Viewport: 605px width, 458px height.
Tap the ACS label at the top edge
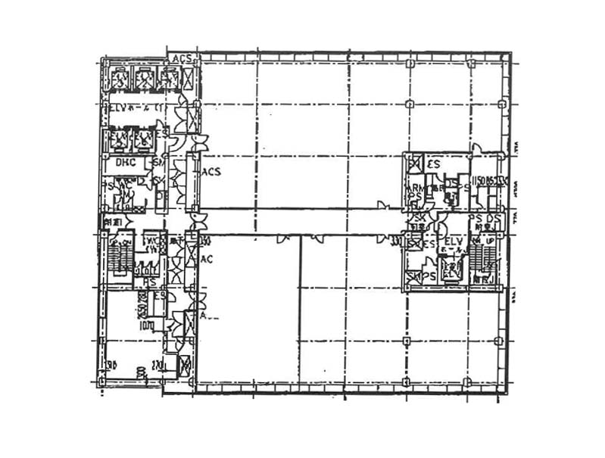click(x=182, y=58)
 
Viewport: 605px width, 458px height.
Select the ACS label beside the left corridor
click(x=211, y=173)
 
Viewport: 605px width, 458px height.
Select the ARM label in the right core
click(x=415, y=188)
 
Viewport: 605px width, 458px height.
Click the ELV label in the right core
click(x=454, y=240)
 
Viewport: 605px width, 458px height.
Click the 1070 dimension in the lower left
click(x=147, y=327)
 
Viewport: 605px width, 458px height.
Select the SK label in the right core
click(x=416, y=219)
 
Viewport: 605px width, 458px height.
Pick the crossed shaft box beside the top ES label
click(x=414, y=164)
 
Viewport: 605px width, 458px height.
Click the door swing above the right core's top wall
click(x=476, y=148)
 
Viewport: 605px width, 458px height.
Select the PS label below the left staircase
click(x=150, y=282)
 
